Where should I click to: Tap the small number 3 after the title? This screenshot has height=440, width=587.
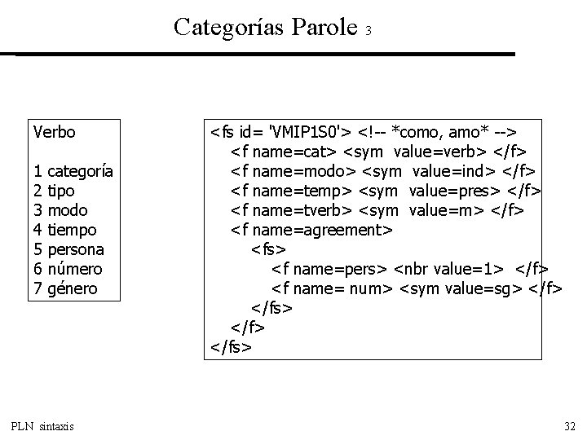(x=369, y=31)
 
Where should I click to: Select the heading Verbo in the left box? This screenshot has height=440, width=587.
(x=54, y=131)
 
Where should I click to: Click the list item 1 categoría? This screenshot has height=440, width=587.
(x=73, y=171)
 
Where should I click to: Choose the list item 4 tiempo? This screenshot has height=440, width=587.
(x=65, y=230)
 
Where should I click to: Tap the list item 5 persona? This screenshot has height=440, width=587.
(x=68, y=249)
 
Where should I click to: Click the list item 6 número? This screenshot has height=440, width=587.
(x=68, y=269)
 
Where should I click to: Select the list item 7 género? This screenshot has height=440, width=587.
(x=66, y=288)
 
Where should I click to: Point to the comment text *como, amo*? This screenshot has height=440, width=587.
(x=439, y=131)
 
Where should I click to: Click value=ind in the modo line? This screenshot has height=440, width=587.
(x=453, y=171)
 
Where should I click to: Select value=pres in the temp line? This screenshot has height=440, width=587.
(x=461, y=191)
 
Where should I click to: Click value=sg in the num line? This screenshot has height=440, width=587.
(x=484, y=288)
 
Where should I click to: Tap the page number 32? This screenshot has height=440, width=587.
(x=569, y=426)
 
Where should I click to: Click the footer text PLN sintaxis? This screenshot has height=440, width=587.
(x=42, y=426)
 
